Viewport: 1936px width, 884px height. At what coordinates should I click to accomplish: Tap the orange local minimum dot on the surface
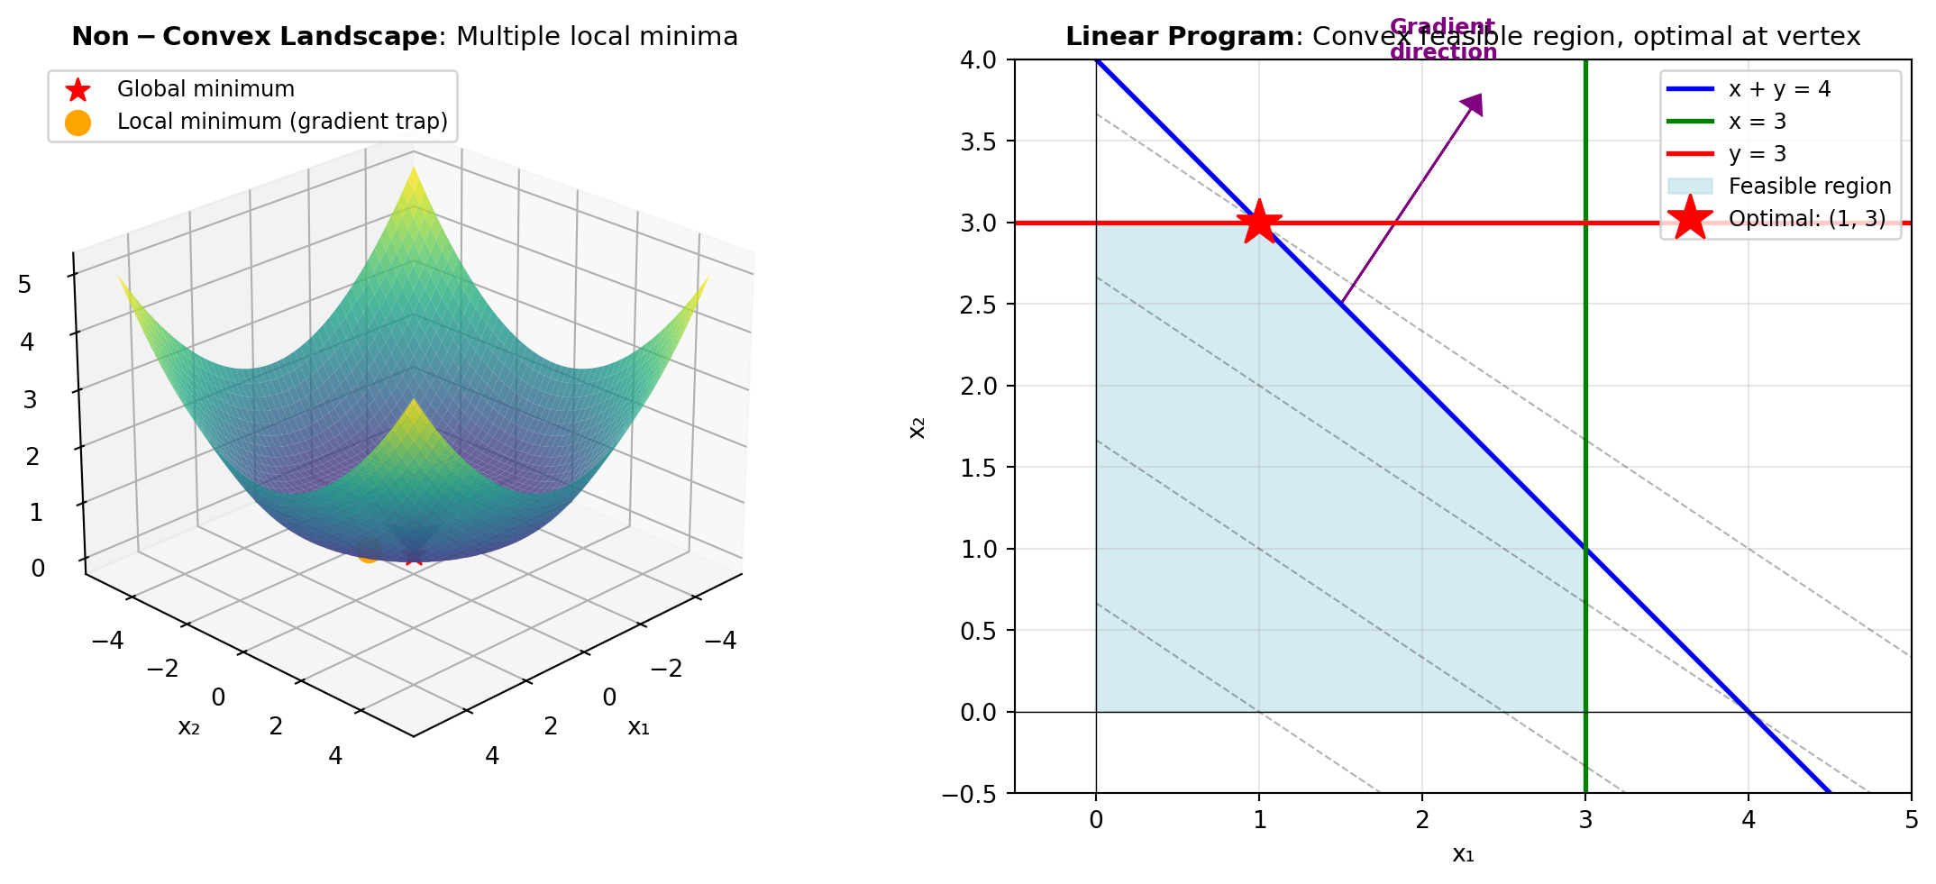tap(366, 551)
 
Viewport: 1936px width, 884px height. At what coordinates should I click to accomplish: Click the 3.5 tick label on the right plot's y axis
tap(978, 141)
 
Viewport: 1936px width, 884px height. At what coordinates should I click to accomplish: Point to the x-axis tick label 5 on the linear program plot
tap(1911, 820)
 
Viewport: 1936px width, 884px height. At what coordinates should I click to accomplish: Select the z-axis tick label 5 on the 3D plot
tap(24, 285)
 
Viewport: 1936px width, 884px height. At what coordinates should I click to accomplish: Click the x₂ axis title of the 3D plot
tap(188, 727)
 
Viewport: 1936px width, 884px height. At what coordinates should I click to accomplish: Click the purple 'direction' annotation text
tap(1443, 52)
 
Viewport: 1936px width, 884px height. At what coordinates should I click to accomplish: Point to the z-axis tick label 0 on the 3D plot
tap(37, 569)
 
